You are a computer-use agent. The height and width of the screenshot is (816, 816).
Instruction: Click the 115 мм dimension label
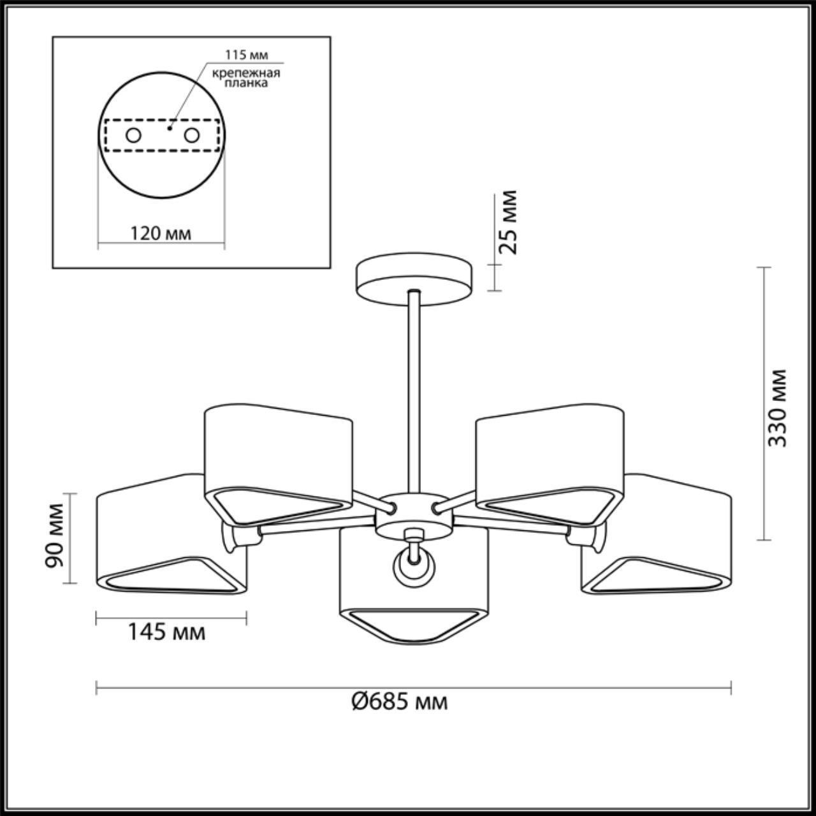pos(246,55)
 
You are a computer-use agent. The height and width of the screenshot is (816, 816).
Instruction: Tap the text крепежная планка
pos(246,78)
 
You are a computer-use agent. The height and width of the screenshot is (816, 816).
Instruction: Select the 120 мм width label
pos(161,233)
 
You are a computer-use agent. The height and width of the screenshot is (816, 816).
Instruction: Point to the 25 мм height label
pos(509,222)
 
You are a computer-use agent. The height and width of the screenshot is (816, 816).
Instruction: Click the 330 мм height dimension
pos(776,408)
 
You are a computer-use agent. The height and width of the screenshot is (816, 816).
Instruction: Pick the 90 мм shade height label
pos(55,535)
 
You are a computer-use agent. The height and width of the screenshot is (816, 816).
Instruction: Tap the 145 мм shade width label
pos(166,644)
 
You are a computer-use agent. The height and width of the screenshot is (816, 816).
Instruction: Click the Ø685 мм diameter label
pos(399,703)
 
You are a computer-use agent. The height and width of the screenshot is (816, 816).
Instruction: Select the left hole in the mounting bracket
pos(133,136)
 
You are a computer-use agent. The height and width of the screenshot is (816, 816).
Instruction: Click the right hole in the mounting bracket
pos(191,136)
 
